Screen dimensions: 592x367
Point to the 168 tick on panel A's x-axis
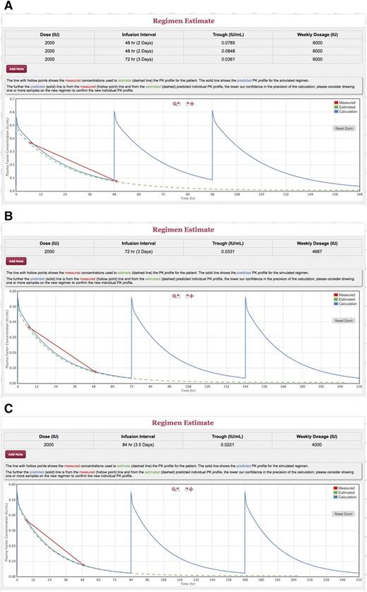(x=359, y=195)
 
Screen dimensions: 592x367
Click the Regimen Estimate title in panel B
(x=183, y=230)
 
